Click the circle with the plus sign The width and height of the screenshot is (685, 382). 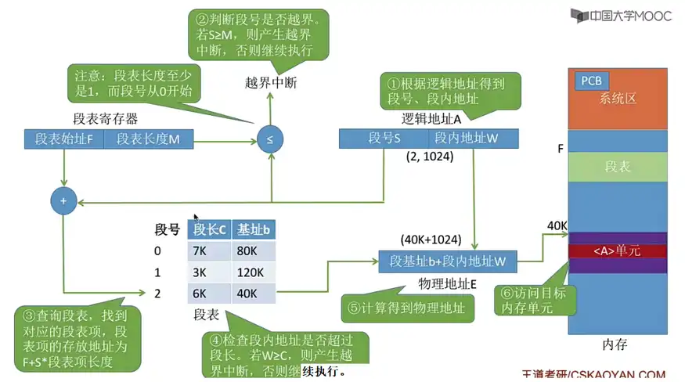click(x=63, y=201)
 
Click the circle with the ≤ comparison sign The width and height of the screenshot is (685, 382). click(x=270, y=140)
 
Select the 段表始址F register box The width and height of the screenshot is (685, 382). click(x=63, y=140)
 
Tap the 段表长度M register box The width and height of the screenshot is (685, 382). click(x=148, y=140)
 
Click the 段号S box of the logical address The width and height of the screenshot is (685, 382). click(x=384, y=139)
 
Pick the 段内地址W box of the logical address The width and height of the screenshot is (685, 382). click(x=466, y=139)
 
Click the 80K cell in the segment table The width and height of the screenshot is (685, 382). click(x=254, y=251)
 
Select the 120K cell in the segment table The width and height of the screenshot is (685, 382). click(x=254, y=272)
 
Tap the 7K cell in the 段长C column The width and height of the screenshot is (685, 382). click(x=209, y=251)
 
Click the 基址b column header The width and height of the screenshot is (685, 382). click(x=254, y=229)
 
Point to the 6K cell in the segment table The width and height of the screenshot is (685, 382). click(x=209, y=294)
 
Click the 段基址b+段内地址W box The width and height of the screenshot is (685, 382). click(x=448, y=261)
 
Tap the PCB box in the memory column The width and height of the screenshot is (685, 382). click(x=591, y=81)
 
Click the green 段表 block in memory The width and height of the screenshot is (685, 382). click(x=618, y=167)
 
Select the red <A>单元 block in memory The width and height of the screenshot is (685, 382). click(x=618, y=251)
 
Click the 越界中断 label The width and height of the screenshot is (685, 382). click(x=271, y=82)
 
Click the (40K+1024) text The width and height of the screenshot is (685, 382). click(x=431, y=239)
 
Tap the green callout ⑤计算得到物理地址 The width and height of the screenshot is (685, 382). click(x=407, y=308)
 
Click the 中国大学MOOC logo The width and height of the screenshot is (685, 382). click(x=621, y=16)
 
